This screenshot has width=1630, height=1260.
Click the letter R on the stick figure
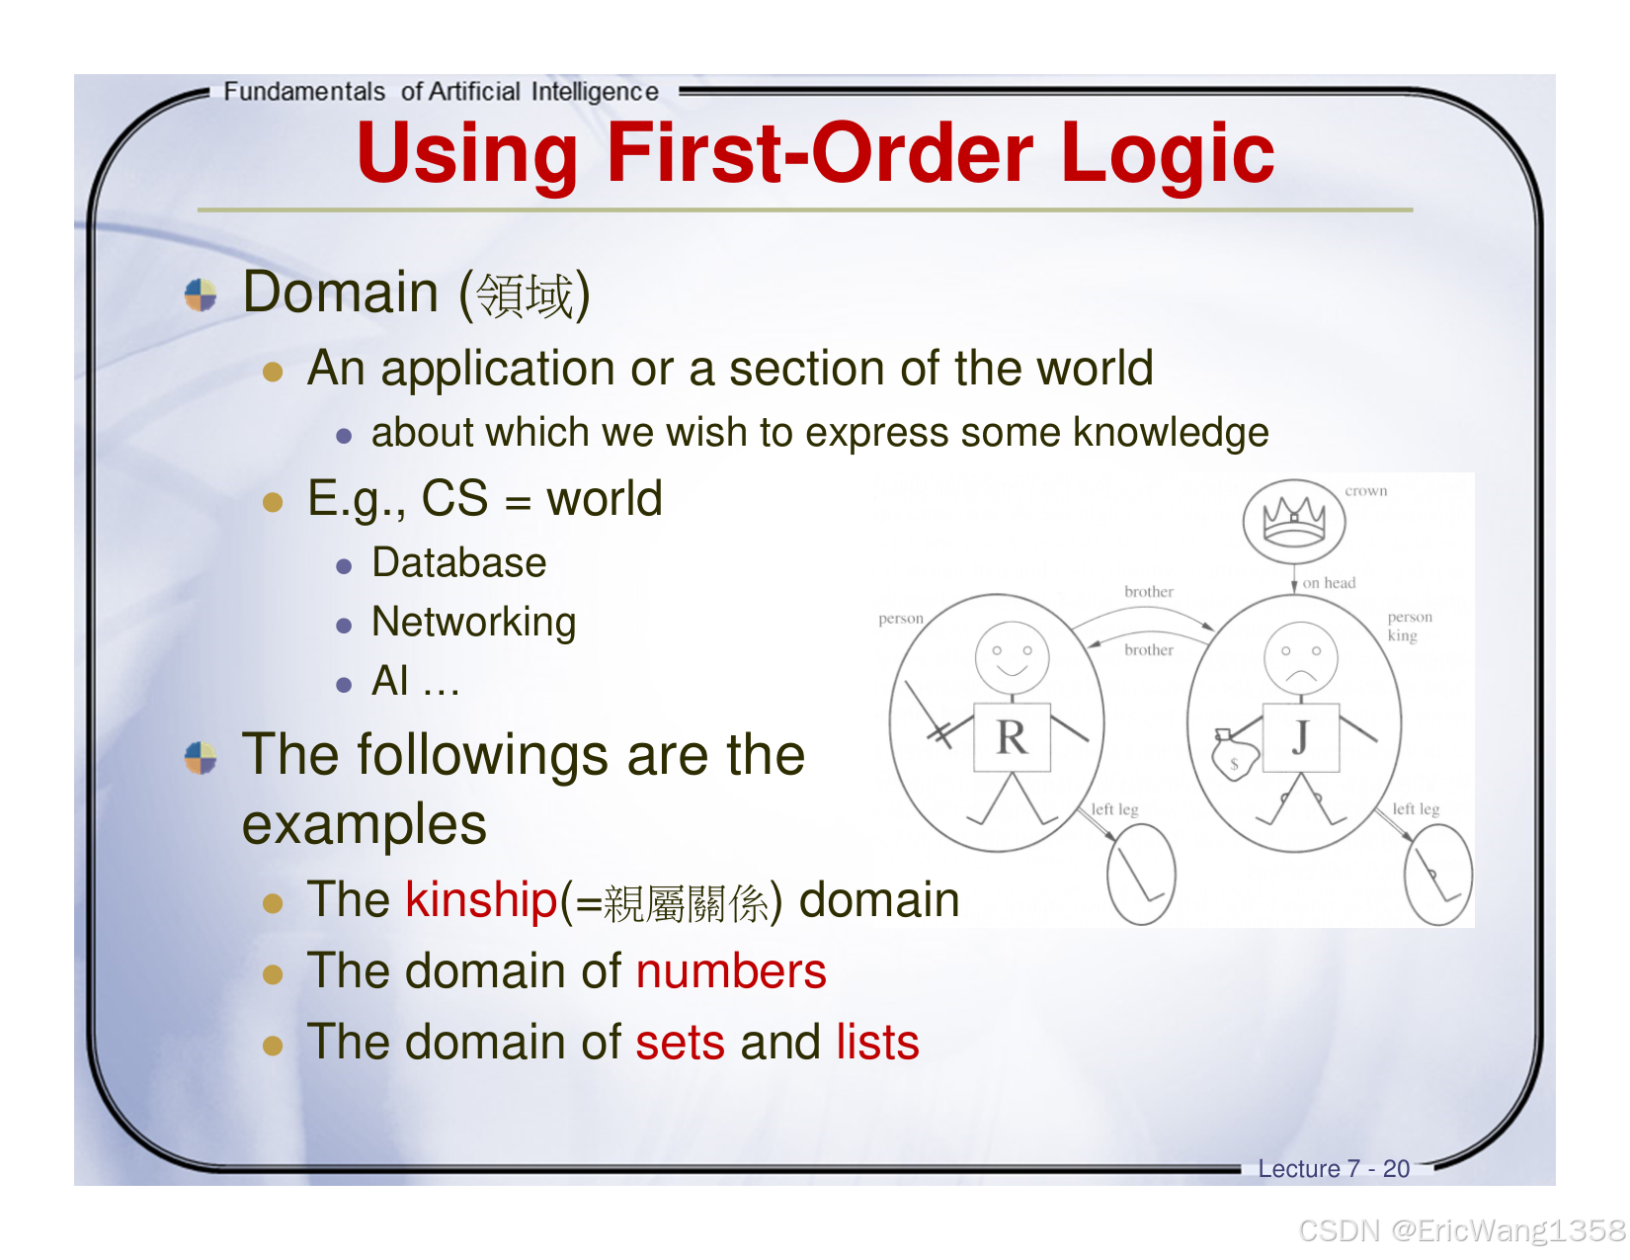pos(1012,737)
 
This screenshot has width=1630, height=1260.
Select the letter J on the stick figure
pos(1301,737)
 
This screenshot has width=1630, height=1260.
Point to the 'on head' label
pos(1329,583)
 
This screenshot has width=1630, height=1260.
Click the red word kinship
pos(481,900)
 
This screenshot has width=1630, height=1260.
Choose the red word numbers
pos(731,971)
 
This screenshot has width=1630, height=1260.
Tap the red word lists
pos(877,1043)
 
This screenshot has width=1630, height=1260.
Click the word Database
pos(459,563)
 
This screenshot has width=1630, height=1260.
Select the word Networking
pos(474,623)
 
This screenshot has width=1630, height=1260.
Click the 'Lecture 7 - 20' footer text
pos(1334,1169)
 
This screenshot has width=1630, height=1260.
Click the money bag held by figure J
pos(1235,757)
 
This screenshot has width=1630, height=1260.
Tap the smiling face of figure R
pos(1012,656)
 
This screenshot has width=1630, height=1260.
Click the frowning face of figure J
pos(1301,657)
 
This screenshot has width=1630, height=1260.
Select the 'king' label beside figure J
pos(1402,635)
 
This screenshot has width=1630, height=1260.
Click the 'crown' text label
pos(1365,491)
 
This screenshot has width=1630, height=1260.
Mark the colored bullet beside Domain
pos(201,294)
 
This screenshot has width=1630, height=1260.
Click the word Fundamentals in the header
pos(304,92)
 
